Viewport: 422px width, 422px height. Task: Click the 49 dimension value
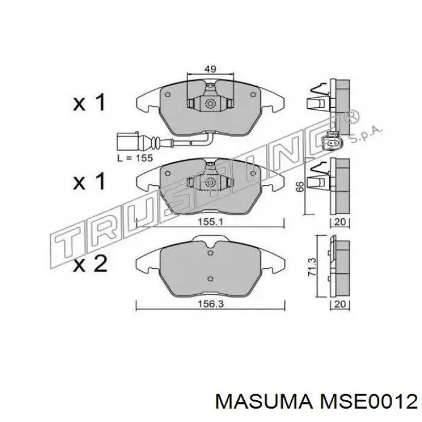pos(210,70)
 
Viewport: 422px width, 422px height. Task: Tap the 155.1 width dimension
pos(210,221)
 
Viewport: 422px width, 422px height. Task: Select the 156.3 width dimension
pos(210,305)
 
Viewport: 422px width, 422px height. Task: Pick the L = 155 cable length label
pos(135,157)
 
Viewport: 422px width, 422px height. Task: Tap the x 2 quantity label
pos(90,263)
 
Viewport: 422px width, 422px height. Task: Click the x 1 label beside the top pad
pos(90,103)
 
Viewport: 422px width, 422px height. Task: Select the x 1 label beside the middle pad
pos(90,181)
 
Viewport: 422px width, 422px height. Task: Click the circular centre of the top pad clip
pos(210,104)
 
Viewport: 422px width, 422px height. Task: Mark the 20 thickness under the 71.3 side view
pos(341,305)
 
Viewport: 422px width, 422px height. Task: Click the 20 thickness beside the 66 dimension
pos(341,222)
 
